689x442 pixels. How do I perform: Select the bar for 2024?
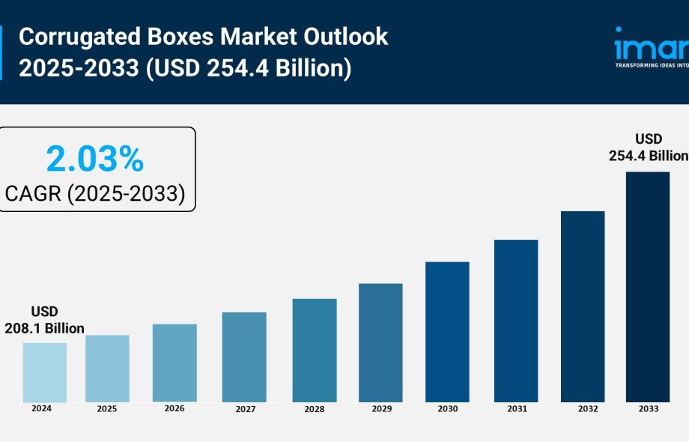click(x=44, y=372)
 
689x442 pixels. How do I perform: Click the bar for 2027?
click(x=244, y=357)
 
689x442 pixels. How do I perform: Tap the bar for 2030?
click(x=447, y=332)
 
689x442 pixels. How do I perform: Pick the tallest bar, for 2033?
click(x=648, y=287)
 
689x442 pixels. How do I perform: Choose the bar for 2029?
click(x=380, y=342)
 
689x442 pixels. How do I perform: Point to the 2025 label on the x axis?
click(x=107, y=409)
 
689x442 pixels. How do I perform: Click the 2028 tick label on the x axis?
click(x=314, y=409)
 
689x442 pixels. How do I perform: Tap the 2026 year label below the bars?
click(x=174, y=408)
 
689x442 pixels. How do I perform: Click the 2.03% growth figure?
click(x=94, y=160)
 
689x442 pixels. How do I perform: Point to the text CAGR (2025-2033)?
click(x=95, y=193)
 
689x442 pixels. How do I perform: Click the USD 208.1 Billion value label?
click(x=44, y=320)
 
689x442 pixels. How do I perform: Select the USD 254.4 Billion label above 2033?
click(x=649, y=148)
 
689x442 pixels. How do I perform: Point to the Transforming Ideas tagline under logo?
click(x=651, y=65)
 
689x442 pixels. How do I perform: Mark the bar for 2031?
click(x=515, y=321)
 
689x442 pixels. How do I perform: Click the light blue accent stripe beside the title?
click(x=1, y=52)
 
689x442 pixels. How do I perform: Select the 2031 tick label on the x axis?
click(x=516, y=409)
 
